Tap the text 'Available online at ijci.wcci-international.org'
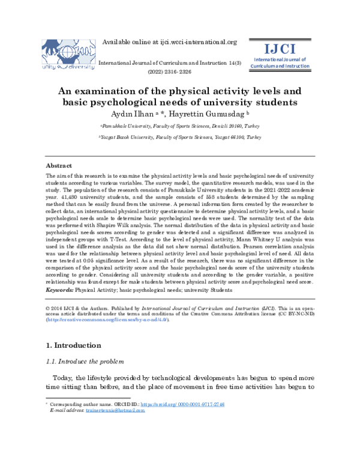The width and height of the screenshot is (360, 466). point(170,42)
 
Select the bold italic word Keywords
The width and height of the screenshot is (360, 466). point(59,290)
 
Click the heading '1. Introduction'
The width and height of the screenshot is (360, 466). point(74,346)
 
